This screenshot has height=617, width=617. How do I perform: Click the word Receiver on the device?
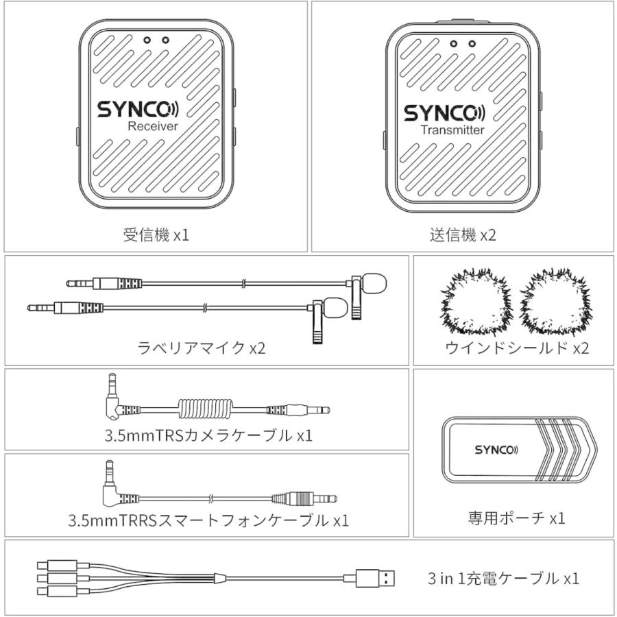tap(152, 126)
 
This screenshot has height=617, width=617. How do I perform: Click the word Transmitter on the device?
tap(452, 130)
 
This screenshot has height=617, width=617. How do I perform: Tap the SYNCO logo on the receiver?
tap(137, 110)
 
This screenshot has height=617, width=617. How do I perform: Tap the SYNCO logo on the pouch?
tap(496, 450)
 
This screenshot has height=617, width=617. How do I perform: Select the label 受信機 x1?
tap(156, 235)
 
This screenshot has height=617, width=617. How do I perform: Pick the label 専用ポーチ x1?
tap(516, 518)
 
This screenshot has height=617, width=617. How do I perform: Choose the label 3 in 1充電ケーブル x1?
tap(503, 578)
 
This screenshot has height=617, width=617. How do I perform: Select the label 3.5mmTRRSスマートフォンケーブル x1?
tap(208, 520)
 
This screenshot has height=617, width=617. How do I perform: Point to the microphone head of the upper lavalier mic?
tap(375, 280)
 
